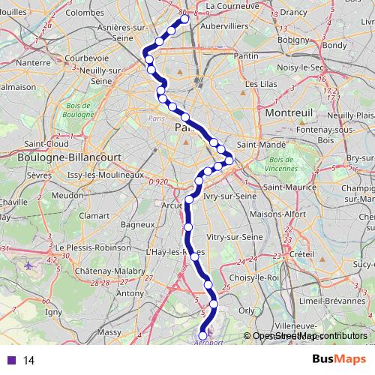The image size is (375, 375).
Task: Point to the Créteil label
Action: (x=301, y=254)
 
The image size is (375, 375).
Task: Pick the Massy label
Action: (x=109, y=331)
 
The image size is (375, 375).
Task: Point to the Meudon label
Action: (x=67, y=195)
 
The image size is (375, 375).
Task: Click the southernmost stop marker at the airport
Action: (x=202, y=336)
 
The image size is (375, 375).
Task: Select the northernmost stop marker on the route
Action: (x=184, y=21)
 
